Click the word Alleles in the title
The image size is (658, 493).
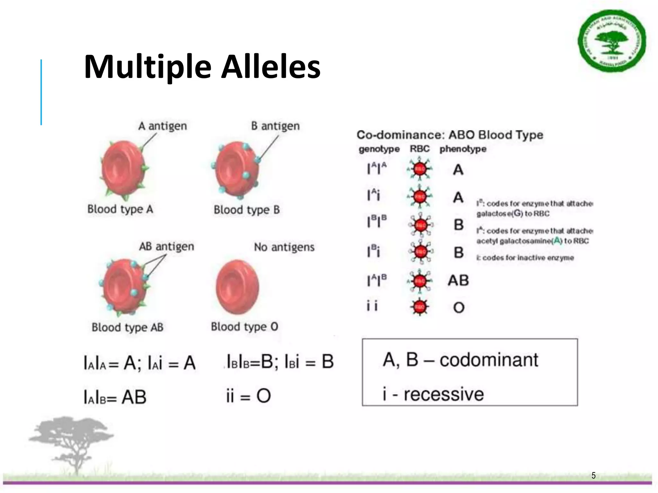point(271,67)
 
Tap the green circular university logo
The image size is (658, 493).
point(612,41)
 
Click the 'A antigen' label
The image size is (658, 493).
point(162,126)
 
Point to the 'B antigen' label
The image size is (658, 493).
point(275,126)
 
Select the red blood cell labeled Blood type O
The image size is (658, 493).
point(237,287)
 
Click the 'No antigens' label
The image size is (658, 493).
point(284,247)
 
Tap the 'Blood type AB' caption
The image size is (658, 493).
point(128,327)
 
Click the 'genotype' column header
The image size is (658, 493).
point(379,149)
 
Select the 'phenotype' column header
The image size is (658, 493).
point(463,149)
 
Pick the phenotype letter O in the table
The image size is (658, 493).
point(458,308)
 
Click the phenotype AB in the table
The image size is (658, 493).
point(458,281)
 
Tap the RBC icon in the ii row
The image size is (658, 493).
point(419,307)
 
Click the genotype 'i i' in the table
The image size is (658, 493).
point(372,306)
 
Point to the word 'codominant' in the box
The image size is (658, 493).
point(489,360)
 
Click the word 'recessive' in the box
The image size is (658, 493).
point(443,394)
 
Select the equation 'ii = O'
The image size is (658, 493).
point(248,396)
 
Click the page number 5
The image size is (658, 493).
point(593,475)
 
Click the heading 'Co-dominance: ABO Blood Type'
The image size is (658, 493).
point(450,135)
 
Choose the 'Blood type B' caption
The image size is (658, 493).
point(247,210)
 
